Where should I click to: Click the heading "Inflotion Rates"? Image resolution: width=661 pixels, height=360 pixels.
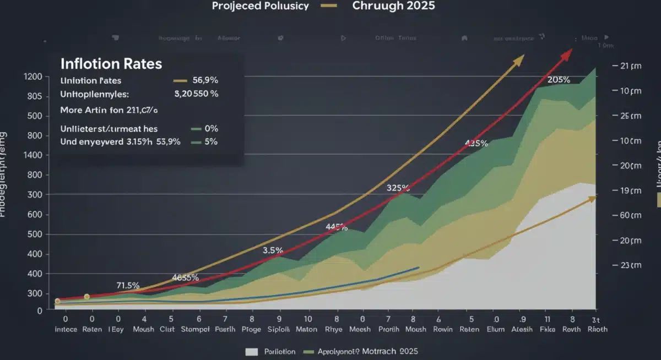pyautogui.click(x=111, y=64)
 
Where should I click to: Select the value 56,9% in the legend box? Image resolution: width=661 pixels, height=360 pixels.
pyautogui.click(x=205, y=80)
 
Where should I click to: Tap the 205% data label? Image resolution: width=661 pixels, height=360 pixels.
pyautogui.click(x=559, y=80)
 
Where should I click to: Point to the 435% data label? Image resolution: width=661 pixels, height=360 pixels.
pyautogui.click(x=476, y=144)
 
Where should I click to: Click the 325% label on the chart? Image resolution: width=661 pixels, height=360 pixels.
pyautogui.click(x=398, y=188)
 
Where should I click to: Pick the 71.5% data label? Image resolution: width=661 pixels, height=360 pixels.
pyautogui.click(x=128, y=285)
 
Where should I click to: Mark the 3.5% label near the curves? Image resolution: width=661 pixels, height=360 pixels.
pyautogui.click(x=273, y=250)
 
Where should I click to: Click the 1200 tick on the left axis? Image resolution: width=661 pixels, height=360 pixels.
pyautogui.click(x=34, y=77)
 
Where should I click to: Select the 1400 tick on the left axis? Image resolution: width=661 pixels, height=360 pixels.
pyautogui.click(x=34, y=156)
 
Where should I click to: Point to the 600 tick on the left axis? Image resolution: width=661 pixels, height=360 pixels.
pyautogui.click(x=34, y=215)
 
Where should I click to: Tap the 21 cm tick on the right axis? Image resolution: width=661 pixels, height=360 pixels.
pyautogui.click(x=627, y=66)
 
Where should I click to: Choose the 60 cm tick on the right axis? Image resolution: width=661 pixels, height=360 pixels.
pyautogui.click(x=627, y=215)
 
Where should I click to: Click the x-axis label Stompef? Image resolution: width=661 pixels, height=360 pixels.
pyautogui.click(x=199, y=330)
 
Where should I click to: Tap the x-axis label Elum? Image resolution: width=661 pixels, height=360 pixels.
pyautogui.click(x=496, y=330)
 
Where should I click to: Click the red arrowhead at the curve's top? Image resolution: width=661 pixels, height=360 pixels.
pyautogui.click(x=567, y=52)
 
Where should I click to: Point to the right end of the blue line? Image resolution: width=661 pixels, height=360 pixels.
pyautogui.click(x=419, y=268)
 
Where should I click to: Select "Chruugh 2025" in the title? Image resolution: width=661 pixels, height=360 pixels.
pyautogui.click(x=394, y=6)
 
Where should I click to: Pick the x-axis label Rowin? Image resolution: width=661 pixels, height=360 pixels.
pyautogui.click(x=442, y=330)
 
